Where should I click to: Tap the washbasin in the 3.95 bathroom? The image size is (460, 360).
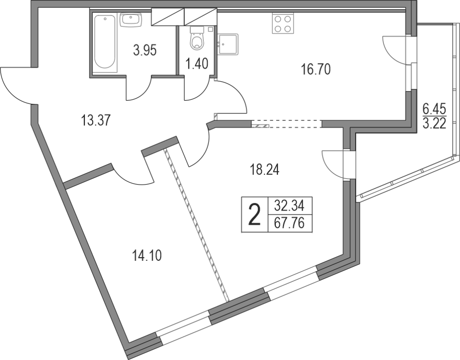pyautogui.click(x=131, y=20)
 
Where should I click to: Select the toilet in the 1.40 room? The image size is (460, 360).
pyautogui.click(x=197, y=38)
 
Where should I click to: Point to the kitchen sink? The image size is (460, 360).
pyautogui.click(x=228, y=44)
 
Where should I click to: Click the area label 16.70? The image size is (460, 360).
pyautogui.click(x=315, y=69)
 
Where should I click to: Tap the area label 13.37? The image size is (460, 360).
pyautogui.click(x=95, y=120)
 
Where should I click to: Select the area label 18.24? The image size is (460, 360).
pyautogui.click(x=264, y=170)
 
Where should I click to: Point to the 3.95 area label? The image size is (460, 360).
pyautogui.click(x=145, y=50)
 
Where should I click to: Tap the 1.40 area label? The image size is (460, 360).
pyautogui.click(x=197, y=64)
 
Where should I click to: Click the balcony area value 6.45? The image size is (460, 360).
pyautogui.click(x=434, y=110)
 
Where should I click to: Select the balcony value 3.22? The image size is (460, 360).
pyautogui.click(x=434, y=123)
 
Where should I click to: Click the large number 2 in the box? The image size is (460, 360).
pyautogui.click(x=255, y=215)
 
